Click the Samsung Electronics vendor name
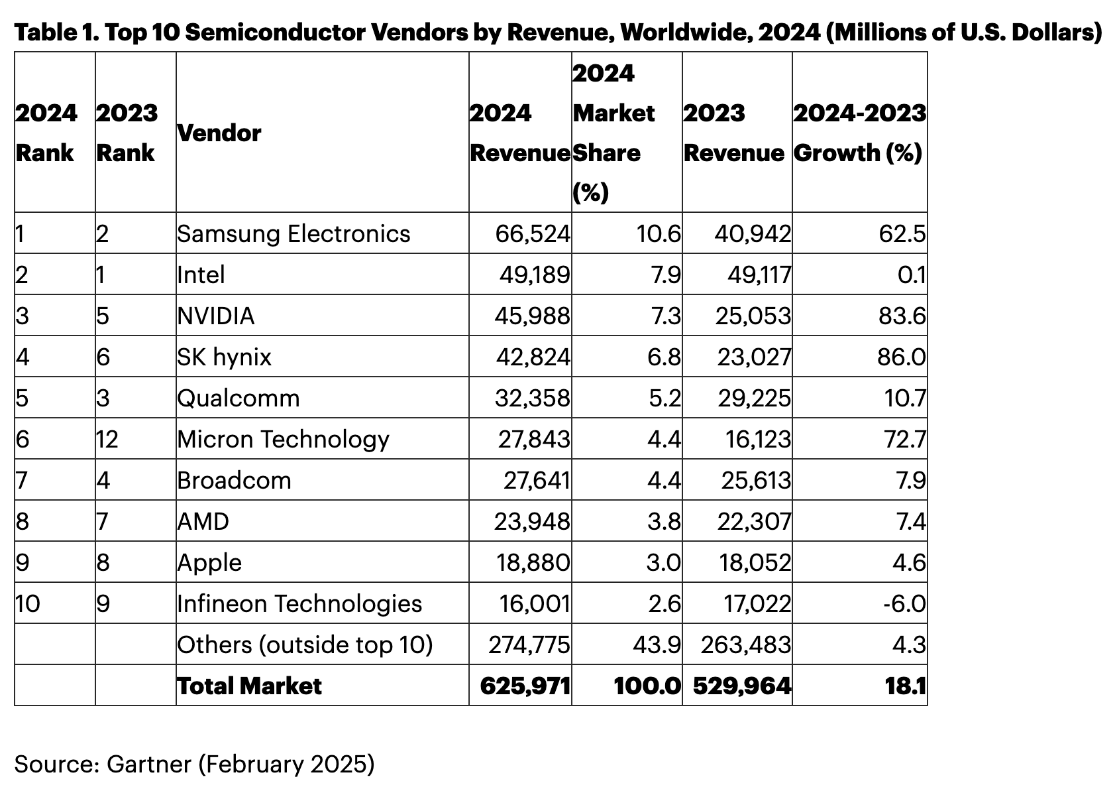pyautogui.click(x=293, y=234)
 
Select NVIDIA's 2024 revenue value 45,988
pyautogui.click(x=532, y=316)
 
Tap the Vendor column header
pyautogui.click(x=219, y=133)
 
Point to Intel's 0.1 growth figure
pyautogui.click(x=911, y=275)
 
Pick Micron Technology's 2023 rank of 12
pyautogui.click(x=107, y=440)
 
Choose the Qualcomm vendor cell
pyautogui.click(x=239, y=398)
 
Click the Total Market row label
pyautogui.click(x=249, y=686)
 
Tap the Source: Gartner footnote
pyautogui.click(x=194, y=765)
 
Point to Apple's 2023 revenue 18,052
pyautogui.click(x=755, y=563)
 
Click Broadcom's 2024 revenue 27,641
pyautogui.click(x=537, y=481)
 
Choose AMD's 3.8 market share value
pyautogui.click(x=664, y=522)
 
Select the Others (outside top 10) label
pyautogui.click(x=305, y=645)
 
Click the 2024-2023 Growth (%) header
pyautogui.click(x=859, y=133)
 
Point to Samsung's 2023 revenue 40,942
pyautogui.click(x=753, y=234)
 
